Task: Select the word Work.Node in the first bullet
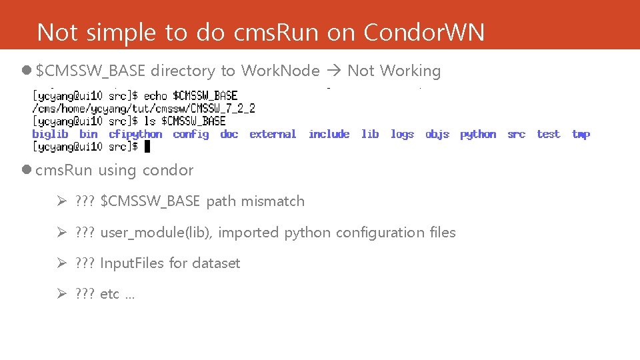click(280, 71)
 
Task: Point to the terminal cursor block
click(148, 147)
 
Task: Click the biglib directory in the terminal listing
click(50, 134)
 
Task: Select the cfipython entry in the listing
click(135, 134)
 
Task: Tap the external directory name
click(273, 134)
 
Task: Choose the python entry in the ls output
click(478, 134)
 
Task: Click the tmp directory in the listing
click(581, 134)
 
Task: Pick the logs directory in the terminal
click(402, 134)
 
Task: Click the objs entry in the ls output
click(437, 134)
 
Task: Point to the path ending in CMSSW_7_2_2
click(143, 108)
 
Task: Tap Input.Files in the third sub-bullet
click(132, 263)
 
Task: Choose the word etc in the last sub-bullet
click(109, 294)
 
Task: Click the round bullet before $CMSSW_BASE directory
click(26, 71)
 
